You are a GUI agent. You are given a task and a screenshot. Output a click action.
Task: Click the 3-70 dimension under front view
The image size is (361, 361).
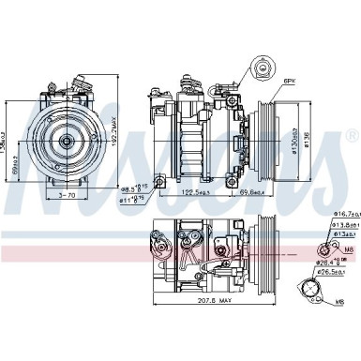tap(67, 197)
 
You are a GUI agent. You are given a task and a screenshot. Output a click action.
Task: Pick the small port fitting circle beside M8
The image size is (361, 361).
tap(323, 248)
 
